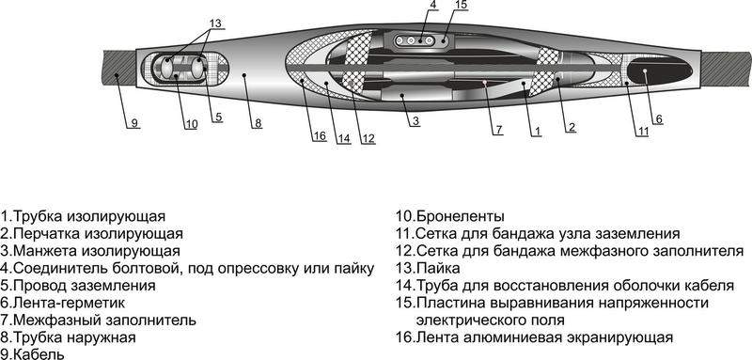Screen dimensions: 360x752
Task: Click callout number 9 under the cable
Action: tap(133, 123)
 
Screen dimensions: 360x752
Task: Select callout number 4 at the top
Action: tap(433, 7)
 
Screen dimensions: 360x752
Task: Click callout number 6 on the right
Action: tap(658, 118)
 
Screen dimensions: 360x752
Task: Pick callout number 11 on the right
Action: tap(642, 131)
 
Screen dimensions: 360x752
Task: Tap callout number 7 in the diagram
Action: tap(499, 128)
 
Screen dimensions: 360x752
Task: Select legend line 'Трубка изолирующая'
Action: tap(83, 215)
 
